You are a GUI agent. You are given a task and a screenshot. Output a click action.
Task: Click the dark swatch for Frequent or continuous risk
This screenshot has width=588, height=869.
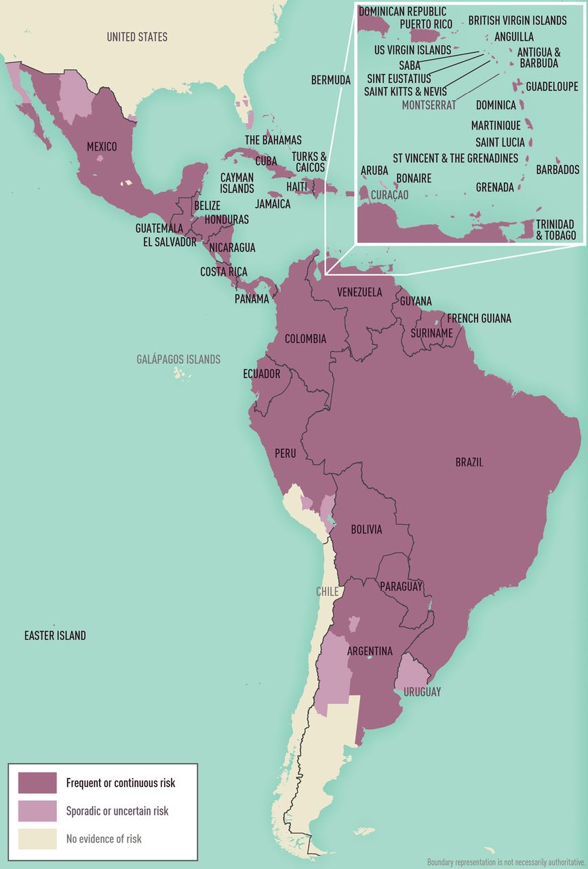pyautogui.click(x=37, y=783)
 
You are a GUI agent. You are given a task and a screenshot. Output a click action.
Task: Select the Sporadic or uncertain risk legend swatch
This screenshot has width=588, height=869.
pyautogui.click(x=37, y=811)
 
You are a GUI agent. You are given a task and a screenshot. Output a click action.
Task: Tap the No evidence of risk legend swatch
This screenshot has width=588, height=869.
pyautogui.click(x=37, y=838)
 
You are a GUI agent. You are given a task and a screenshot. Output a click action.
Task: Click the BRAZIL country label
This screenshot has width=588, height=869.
pyautogui.click(x=469, y=462)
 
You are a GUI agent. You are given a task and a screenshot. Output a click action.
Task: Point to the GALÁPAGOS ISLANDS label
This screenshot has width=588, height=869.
pyautogui.click(x=178, y=359)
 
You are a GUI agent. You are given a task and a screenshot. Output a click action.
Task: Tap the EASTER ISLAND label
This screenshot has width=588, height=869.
pyautogui.click(x=55, y=635)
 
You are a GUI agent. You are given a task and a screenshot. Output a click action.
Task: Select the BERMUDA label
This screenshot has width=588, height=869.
pyautogui.click(x=331, y=79)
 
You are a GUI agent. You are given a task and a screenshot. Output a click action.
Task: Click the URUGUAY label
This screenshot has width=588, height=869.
pyautogui.click(x=422, y=692)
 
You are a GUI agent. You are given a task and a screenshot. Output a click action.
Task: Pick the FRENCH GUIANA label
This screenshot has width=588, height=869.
pyautogui.click(x=479, y=318)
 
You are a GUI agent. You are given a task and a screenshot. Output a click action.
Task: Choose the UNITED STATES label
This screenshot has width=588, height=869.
pyautogui.click(x=137, y=37)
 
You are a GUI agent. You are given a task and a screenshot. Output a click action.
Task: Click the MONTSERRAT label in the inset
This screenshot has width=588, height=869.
pyautogui.click(x=429, y=105)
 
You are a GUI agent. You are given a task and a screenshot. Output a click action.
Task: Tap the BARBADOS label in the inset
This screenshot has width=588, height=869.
pyautogui.click(x=557, y=170)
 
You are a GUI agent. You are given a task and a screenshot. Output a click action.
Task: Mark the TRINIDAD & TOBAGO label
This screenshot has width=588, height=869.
pyautogui.click(x=555, y=229)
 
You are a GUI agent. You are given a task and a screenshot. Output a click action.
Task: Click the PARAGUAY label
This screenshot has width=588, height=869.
pyautogui.click(x=401, y=586)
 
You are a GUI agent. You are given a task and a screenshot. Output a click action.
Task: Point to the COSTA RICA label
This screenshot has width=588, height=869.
pyautogui.click(x=224, y=272)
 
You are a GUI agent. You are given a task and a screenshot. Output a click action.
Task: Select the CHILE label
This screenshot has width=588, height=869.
pyautogui.click(x=327, y=591)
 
